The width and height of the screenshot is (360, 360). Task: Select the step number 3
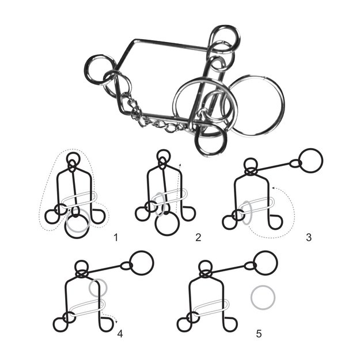(x=309, y=237)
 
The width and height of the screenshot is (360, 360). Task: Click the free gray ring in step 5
(x=263, y=298)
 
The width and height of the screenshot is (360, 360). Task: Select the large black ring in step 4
(x=142, y=263)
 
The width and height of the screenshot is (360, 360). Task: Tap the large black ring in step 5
(x=266, y=263)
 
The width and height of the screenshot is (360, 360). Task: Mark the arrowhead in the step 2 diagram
(x=180, y=165)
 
